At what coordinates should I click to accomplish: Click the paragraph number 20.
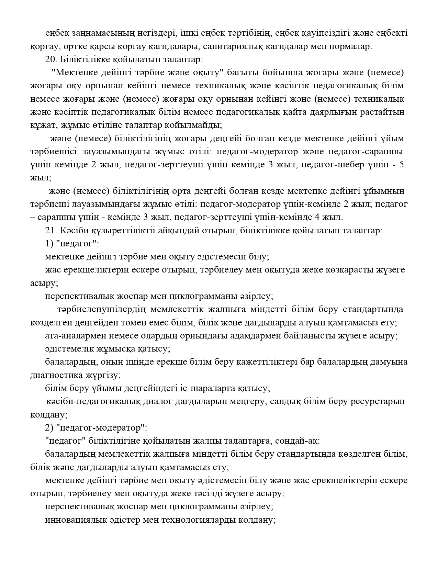coord(51,59)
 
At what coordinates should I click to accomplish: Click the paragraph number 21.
coord(51,230)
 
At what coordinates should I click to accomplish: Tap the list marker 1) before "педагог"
coord(49,244)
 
